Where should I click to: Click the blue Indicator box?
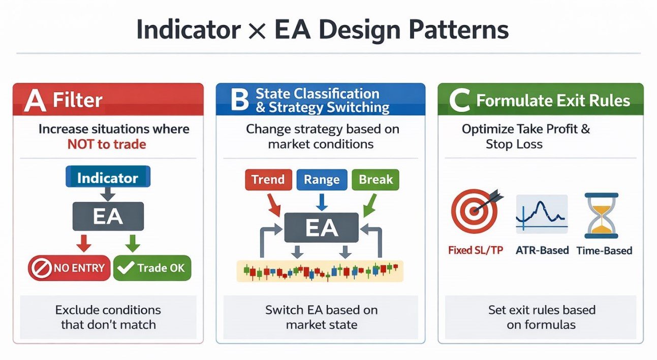point(108,178)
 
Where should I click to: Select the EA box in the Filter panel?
point(108,216)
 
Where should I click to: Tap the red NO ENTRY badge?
point(68,268)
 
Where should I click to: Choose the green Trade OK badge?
point(152,268)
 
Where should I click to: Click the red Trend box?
point(268,179)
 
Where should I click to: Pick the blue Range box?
point(322,179)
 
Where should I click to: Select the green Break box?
point(376,179)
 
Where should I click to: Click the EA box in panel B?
point(322,227)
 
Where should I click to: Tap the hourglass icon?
point(601,215)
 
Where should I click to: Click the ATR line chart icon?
point(541,214)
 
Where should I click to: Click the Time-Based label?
point(604,250)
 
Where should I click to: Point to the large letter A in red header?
point(35,100)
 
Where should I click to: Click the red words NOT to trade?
point(107,144)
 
